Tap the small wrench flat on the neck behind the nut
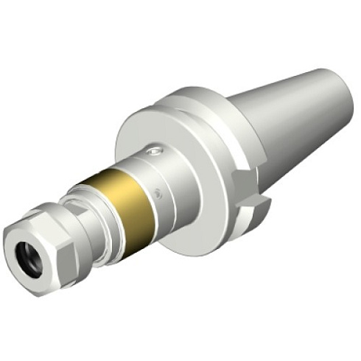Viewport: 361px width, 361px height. coord(81,221)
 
